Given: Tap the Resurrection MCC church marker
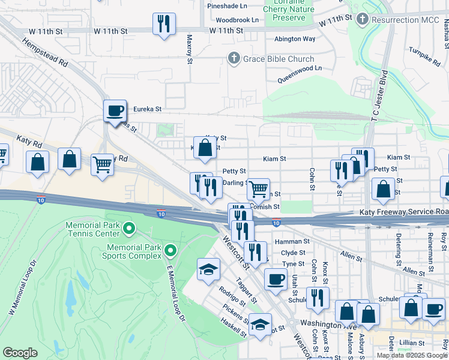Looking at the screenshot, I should pos(362,19).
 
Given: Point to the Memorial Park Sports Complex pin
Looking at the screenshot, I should pos(170,250).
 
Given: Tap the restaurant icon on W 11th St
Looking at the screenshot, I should pos(163,24).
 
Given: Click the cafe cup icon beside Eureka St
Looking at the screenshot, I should pos(115,111).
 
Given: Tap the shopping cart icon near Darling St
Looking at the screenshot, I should pos(258,189).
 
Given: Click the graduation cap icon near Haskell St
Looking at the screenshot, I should pos(259,325).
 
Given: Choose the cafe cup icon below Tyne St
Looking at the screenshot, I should pos(276,279).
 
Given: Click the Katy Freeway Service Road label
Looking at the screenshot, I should pos(404,212).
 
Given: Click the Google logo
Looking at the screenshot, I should pos(20,353).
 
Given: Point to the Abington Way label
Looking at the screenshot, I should pos(295,38).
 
